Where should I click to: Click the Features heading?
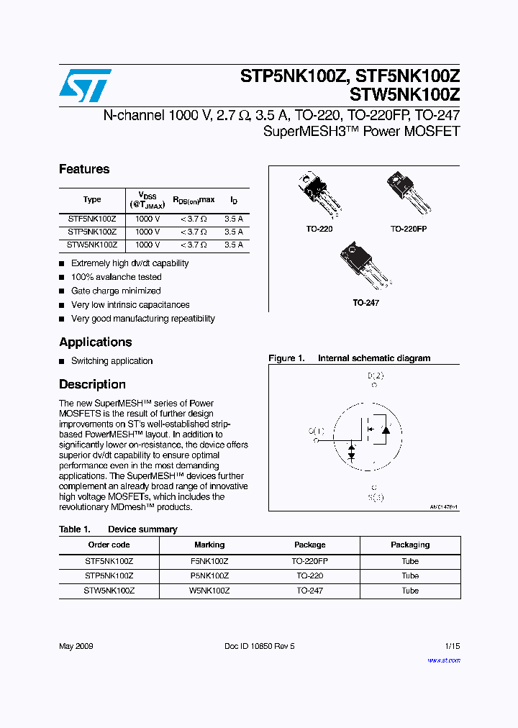84,169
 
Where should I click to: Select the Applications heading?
95,342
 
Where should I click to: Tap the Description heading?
92,384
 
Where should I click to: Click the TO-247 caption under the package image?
365,303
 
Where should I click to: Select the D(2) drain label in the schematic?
376,376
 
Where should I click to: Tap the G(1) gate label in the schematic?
317,431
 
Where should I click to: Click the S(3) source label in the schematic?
376,497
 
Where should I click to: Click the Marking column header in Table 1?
209,545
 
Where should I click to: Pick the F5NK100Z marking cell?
209,561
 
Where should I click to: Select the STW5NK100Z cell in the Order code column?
109,591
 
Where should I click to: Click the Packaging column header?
410,545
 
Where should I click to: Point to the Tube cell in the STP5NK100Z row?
410,575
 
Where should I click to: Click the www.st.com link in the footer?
443,660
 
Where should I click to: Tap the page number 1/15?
453,646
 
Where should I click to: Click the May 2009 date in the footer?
76,646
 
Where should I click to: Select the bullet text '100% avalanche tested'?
116,277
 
